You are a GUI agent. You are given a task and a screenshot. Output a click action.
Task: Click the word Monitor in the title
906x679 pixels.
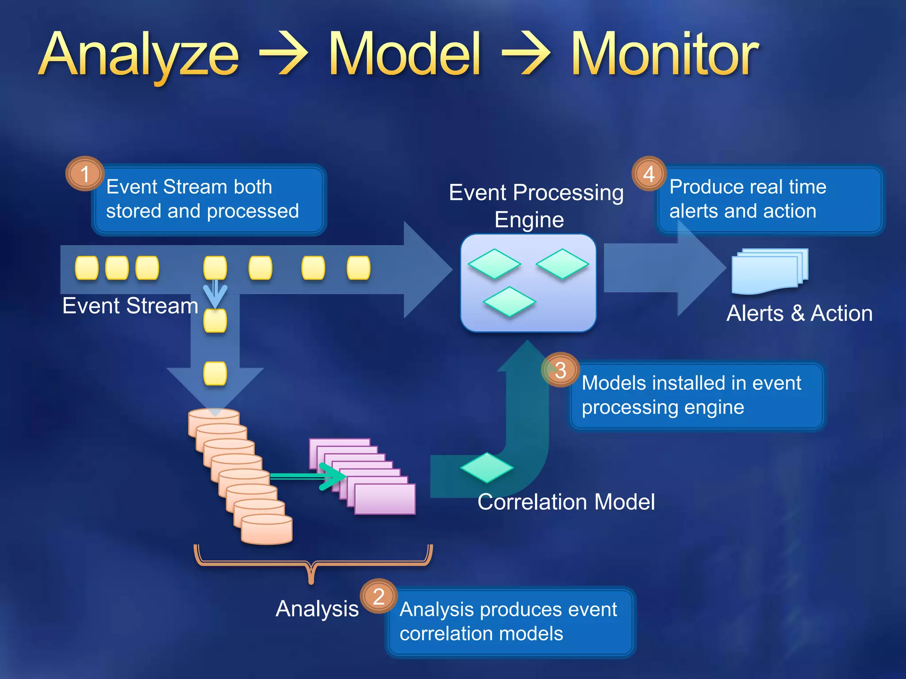click(x=664, y=55)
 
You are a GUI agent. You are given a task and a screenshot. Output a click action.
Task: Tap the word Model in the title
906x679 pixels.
click(x=404, y=55)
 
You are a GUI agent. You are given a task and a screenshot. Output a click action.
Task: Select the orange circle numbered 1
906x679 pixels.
click(x=85, y=174)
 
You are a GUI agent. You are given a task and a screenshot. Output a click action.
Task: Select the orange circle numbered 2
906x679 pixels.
click(x=379, y=596)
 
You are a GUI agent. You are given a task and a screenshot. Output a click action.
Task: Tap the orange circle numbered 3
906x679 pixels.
click(x=560, y=370)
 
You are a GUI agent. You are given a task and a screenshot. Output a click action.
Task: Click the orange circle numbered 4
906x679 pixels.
click(x=649, y=174)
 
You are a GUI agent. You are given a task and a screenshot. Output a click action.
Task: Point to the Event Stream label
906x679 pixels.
click(x=130, y=306)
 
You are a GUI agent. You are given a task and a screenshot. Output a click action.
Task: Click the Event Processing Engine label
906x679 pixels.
click(x=536, y=206)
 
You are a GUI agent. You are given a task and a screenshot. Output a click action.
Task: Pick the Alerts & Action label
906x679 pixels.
click(x=799, y=313)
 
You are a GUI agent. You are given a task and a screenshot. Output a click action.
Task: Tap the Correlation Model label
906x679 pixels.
click(x=566, y=502)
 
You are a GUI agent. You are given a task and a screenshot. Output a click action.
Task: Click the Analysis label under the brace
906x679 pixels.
click(x=317, y=609)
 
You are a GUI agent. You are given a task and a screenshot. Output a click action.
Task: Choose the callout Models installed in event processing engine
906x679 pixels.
click(x=697, y=396)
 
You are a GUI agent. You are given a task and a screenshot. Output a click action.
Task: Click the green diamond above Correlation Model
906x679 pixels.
click(x=487, y=468)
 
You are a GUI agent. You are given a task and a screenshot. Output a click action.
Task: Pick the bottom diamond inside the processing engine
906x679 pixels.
click(x=509, y=302)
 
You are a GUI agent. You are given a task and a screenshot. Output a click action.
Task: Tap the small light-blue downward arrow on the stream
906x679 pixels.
click(x=215, y=295)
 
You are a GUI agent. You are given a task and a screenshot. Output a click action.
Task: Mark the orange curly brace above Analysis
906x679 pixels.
click(x=312, y=564)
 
